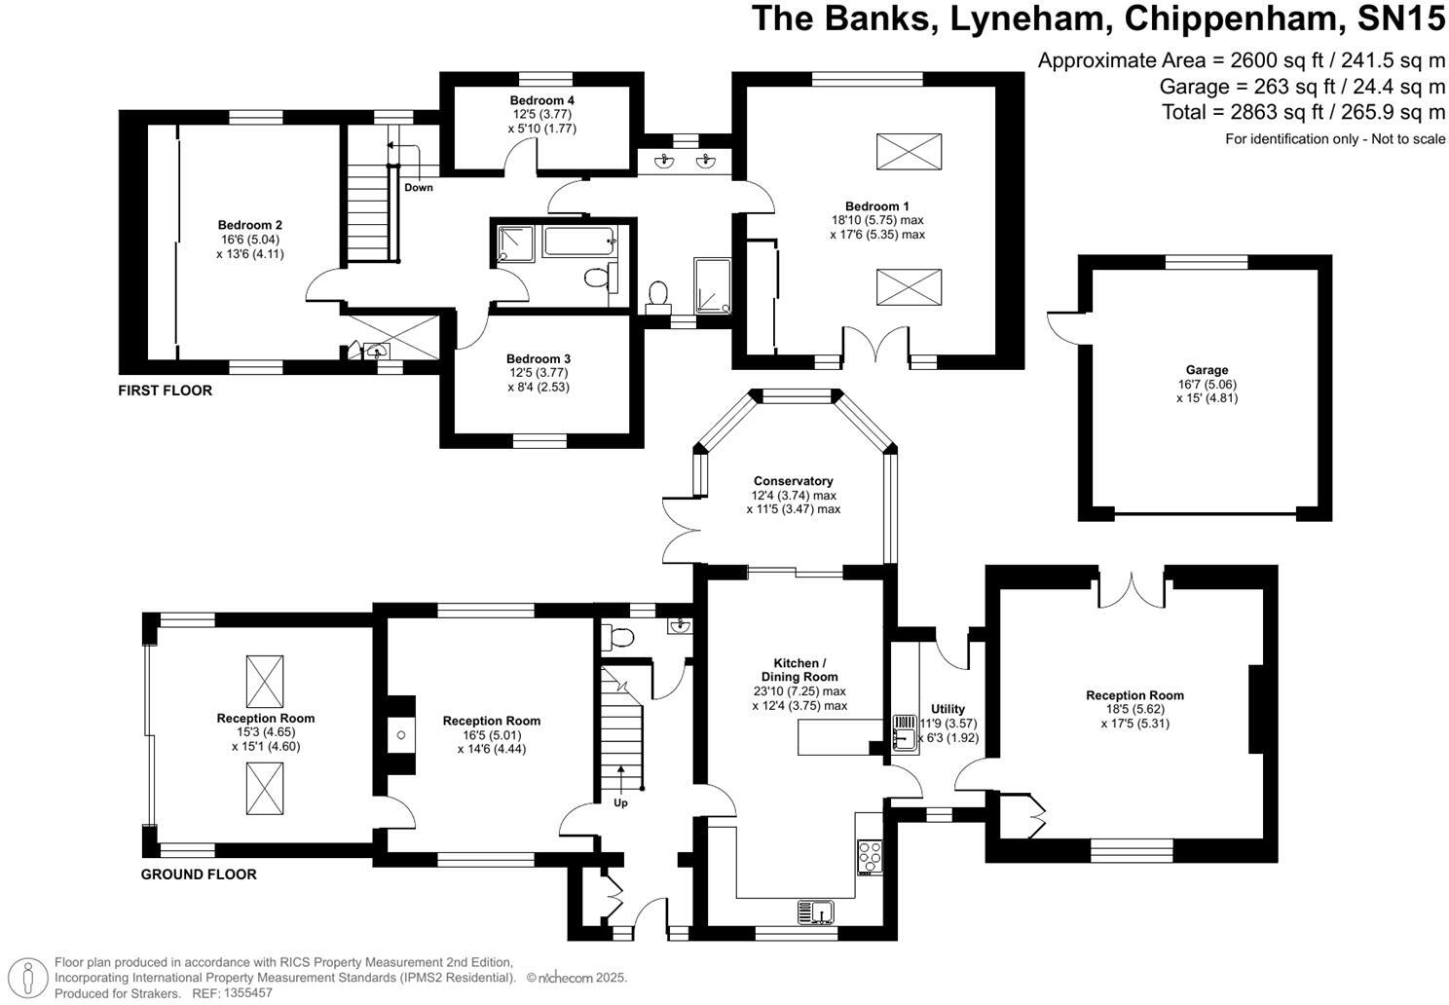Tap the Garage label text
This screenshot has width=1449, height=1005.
coord(1207,370)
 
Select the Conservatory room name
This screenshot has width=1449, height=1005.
coord(793,481)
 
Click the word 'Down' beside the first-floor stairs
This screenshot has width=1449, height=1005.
coord(419,187)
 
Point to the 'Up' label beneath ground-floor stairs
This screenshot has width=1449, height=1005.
coord(620,803)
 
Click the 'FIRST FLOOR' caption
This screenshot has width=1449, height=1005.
coord(165,391)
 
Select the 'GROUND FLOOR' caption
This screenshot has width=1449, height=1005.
coord(199,875)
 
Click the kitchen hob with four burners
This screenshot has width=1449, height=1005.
coord(869,856)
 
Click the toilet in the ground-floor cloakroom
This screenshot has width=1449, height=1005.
coord(618,638)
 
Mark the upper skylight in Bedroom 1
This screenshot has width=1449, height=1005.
coord(910,153)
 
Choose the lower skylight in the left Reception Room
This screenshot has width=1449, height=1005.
coord(265,788)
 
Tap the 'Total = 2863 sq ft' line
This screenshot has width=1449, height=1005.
coord(1303,112)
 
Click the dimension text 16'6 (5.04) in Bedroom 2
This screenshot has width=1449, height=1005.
coord(250,240)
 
